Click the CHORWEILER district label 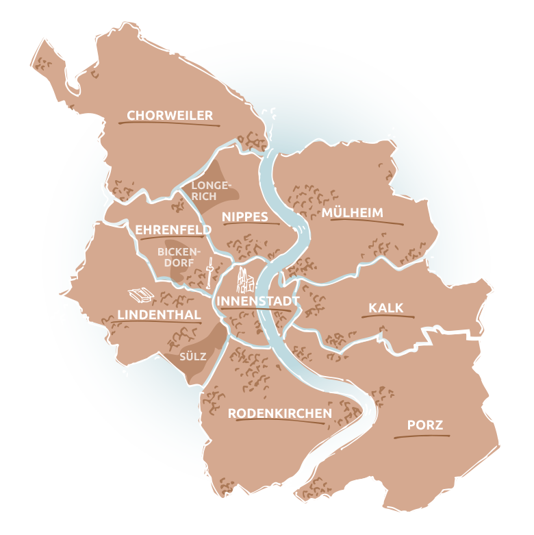(170, 115)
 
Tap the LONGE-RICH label (204, 191)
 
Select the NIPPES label (244, 216)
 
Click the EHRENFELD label (163, 229)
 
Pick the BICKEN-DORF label (176, 257)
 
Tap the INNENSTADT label (257, 301)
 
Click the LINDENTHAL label (159, 314)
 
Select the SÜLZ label (192, 357)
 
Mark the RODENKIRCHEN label (279, 413)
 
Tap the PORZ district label (425, 425)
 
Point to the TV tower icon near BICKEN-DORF (208, 272)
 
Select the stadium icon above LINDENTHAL (142, 294)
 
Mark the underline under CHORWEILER (168, 124)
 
